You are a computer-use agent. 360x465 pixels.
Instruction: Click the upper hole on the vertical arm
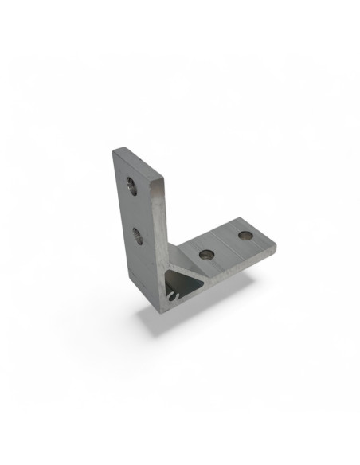coord(131,189)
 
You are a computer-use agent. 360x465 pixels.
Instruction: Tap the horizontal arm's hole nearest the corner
coord(207,254)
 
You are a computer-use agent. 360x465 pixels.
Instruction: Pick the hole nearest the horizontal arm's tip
coord(244,236)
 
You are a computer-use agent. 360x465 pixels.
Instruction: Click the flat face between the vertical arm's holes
coord(133,212)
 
